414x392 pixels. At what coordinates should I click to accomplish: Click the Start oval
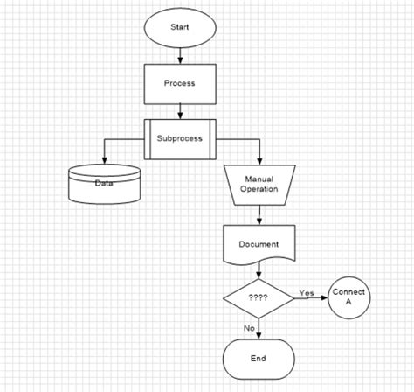point(178,26)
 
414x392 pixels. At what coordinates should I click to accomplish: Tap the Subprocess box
point(180,139)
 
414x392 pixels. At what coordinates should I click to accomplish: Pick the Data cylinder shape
point(104,184)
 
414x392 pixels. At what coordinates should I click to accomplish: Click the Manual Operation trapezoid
point(259,184)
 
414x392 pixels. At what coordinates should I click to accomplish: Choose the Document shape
point(259,244)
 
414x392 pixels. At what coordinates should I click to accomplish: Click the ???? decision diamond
point(259,297)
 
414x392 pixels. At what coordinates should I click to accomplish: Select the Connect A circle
point(348,297)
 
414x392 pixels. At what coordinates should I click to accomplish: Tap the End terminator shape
point(259,358)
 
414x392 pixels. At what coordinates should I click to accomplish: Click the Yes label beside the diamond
point(307,292)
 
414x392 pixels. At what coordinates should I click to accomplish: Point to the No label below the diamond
point(249,327)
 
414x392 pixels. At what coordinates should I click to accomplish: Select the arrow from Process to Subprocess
point(179,111)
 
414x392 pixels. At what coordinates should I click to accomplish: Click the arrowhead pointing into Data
point(105,160)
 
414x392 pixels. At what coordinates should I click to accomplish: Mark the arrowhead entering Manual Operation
point(259,160)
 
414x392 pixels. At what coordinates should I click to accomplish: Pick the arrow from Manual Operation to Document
point(259,213)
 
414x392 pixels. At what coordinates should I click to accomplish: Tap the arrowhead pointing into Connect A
point(322,297)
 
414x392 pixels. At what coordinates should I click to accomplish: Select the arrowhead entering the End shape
point(259,335)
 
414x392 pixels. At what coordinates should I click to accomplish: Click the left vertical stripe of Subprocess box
point(148,139)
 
